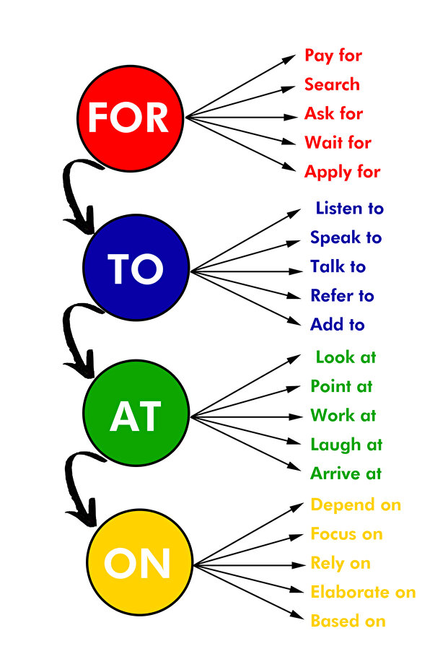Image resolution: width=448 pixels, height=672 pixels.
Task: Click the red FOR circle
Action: coord(130,118)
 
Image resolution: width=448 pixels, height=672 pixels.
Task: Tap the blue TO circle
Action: coord(136,267)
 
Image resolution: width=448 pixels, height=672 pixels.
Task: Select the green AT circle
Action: coord(136,413)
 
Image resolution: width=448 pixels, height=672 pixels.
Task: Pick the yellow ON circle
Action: coord(140,562)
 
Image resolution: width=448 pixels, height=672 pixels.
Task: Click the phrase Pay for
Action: coord(333,56)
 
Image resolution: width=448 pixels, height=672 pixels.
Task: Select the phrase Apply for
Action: coord(342,173)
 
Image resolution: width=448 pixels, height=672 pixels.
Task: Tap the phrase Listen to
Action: coord(349,209)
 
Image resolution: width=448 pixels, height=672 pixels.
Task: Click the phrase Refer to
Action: coord(342,295)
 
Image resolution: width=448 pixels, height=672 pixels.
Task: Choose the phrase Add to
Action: coord(338,324)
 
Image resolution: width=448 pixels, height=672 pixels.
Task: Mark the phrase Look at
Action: coord(346,357)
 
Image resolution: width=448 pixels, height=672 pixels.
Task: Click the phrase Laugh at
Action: coord(346,445)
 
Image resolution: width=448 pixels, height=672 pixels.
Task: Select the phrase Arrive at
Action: coord(346,474)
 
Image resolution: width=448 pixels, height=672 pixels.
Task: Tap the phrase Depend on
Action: coord(356,506)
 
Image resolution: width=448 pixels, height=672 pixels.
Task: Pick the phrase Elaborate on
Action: coord(363,592)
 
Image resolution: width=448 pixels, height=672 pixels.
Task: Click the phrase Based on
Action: coord(348,621)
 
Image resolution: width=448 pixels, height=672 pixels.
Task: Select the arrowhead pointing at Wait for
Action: coord(289,142)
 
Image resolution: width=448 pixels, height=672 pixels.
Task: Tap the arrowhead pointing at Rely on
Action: coord(298,565)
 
